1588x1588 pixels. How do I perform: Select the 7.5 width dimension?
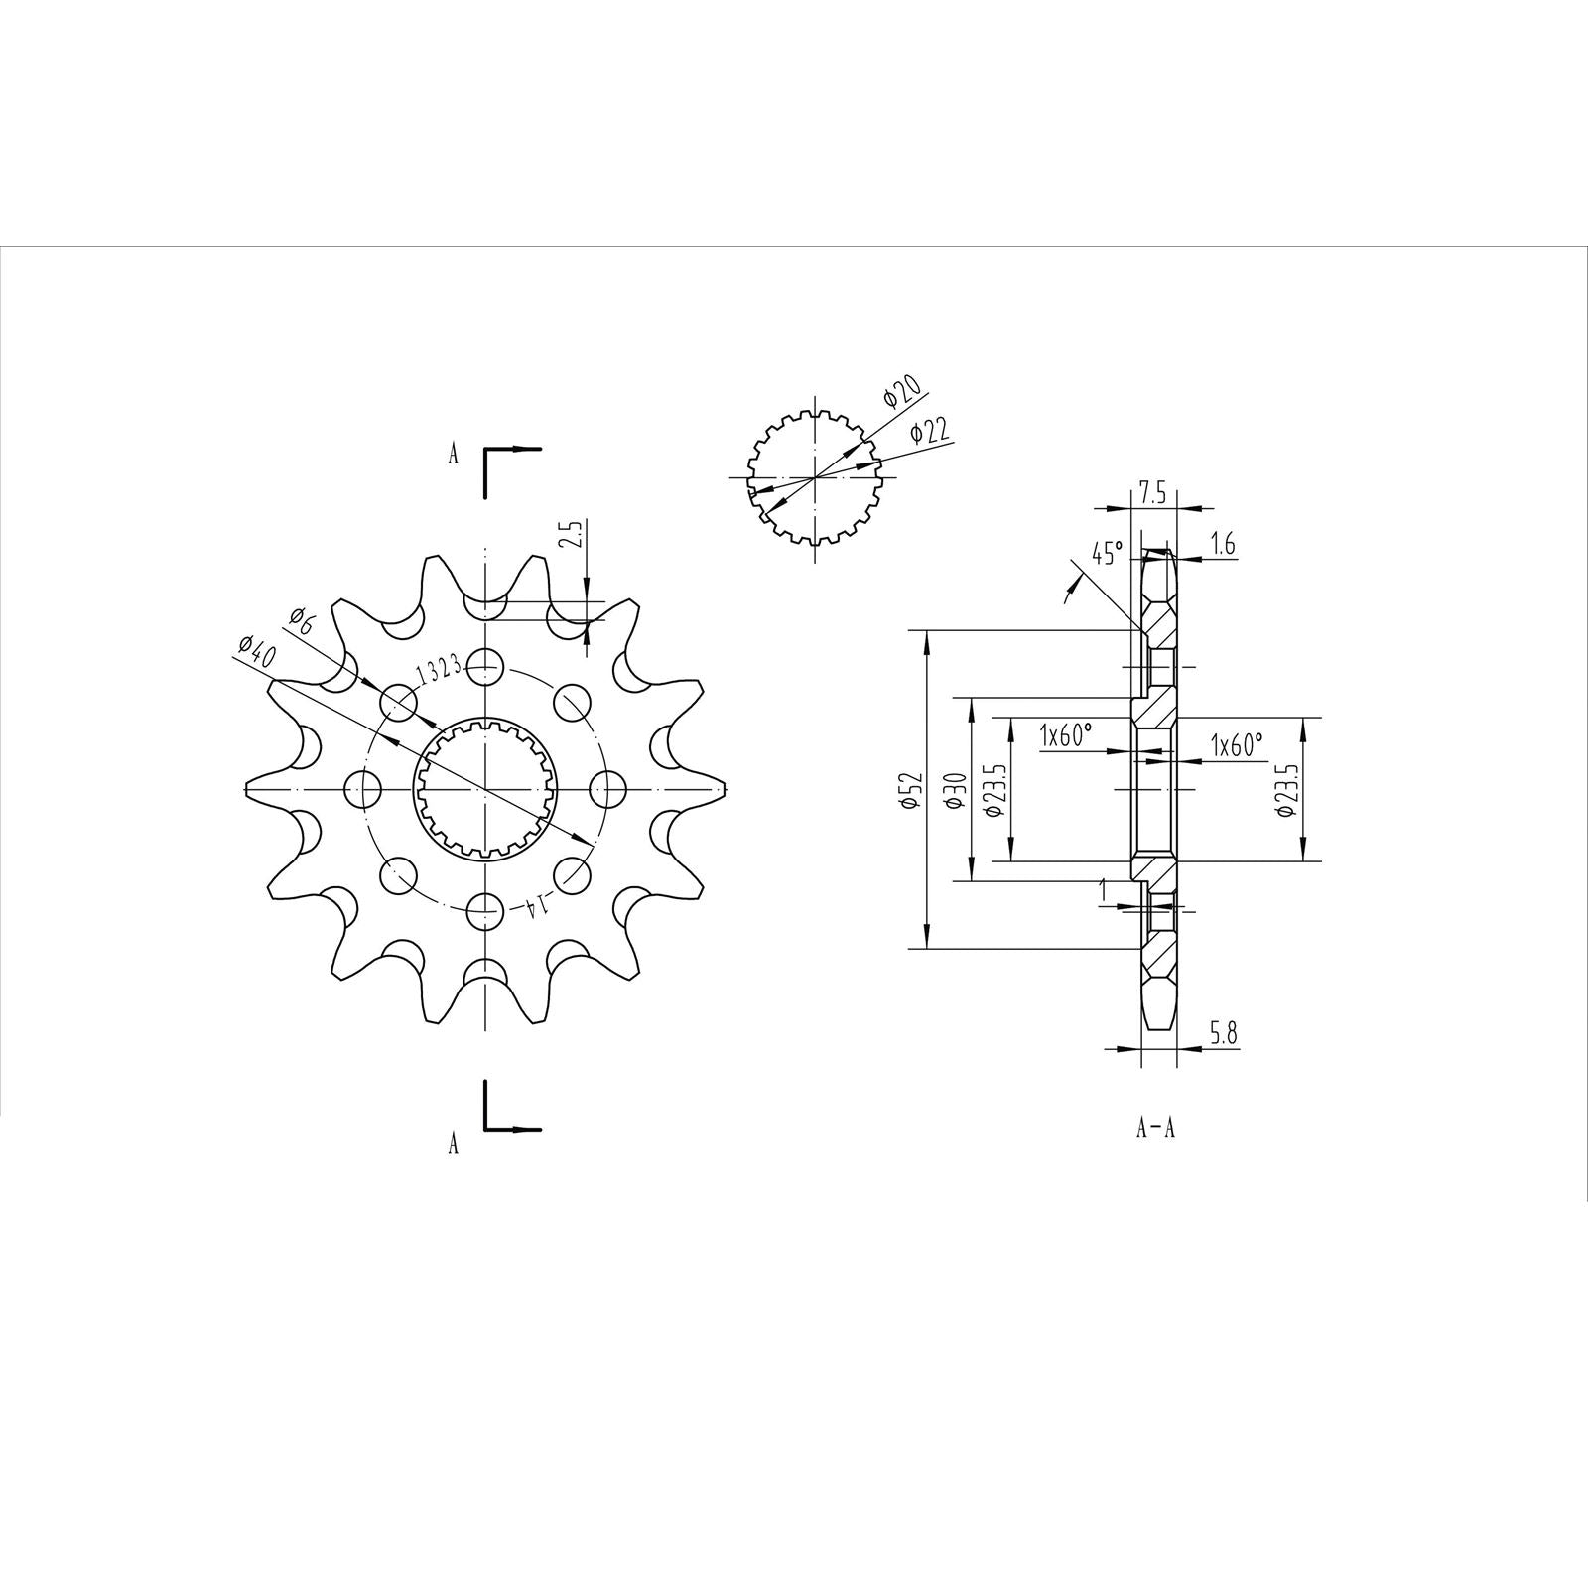pyautogui.click(x=1152, y=493)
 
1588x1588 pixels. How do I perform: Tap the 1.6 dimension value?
pyautogui.click(x=1223, y=544)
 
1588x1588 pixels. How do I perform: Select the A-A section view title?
pyautogui.click(x=1155, y=1128)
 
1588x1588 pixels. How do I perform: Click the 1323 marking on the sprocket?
pyautogui.click(x=437, y=672)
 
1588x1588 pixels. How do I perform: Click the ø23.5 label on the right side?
pyautogui.click(x=1288, y=790)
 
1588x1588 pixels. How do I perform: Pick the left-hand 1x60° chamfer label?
pyautogui.click(x=1065, y=735)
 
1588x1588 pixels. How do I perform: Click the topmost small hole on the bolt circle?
pyautogui.click(x=484, y=665)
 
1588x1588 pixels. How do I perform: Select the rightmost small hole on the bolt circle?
pyautogui.click(x=608, y=790)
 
